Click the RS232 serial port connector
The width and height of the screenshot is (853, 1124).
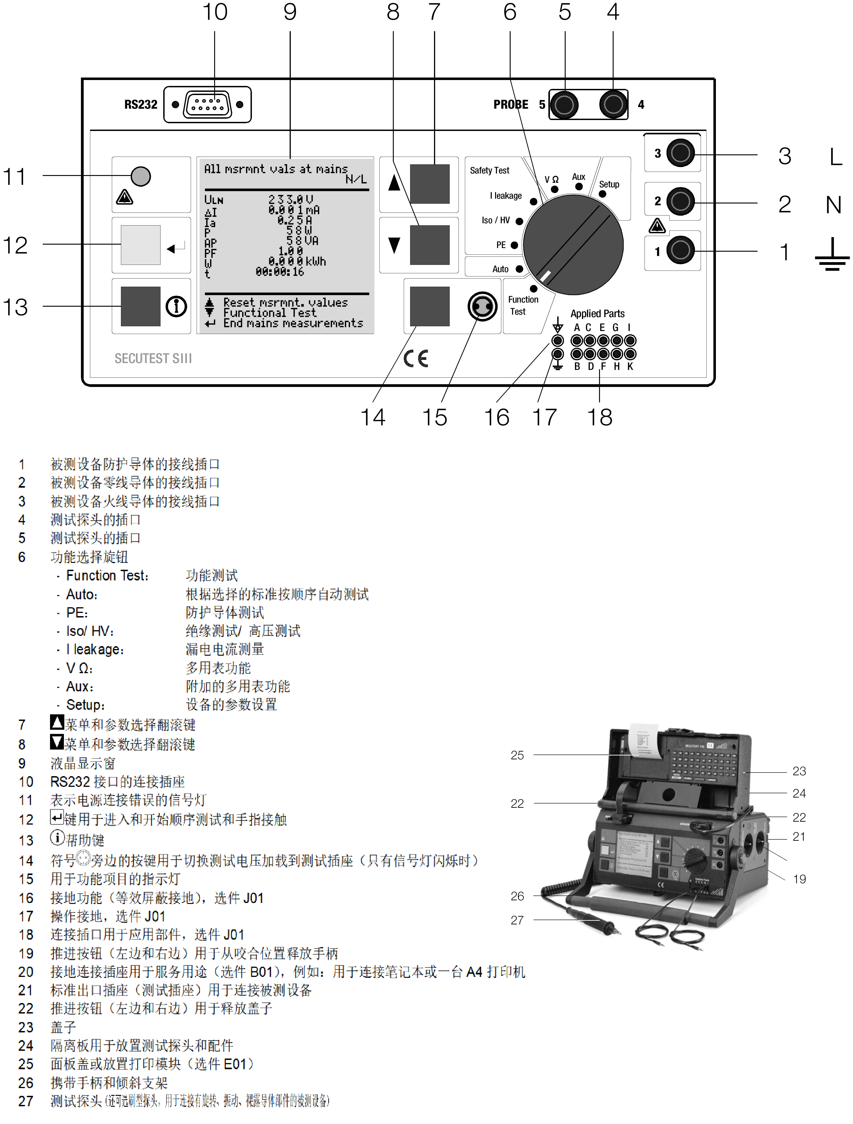[x=207, y=105]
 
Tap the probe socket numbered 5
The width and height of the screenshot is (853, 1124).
[x=564, y=105]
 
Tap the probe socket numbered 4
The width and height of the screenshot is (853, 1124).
[x=613, y=105]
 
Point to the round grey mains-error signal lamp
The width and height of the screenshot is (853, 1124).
[x=141, y=176]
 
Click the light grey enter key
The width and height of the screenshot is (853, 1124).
[x=141, y=245]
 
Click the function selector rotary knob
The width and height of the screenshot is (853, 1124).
[x=573, y=245]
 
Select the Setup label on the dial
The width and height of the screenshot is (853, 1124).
[x=609, y=184]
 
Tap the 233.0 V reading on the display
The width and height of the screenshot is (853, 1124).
[x=291, y=199]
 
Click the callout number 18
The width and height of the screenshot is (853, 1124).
[x=600, y=418]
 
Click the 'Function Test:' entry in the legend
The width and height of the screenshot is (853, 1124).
[x=107, y=576]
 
